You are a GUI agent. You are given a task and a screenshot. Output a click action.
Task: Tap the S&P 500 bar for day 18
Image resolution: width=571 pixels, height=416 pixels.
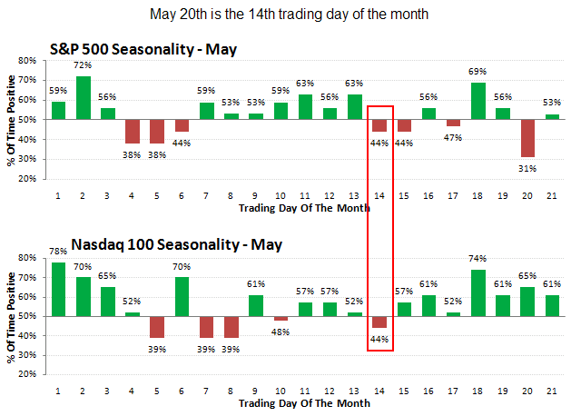pos(478,101)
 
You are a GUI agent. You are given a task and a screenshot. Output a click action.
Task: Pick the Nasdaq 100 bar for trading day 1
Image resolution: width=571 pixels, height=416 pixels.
pos(58,289)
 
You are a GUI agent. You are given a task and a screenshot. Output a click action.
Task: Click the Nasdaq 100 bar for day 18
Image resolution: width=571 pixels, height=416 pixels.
pos(478,292)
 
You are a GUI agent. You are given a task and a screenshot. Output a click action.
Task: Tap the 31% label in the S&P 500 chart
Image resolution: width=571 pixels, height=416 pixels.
pos(528,165)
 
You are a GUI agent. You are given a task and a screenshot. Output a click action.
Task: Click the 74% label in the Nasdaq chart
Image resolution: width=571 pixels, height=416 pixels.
pos(478,262)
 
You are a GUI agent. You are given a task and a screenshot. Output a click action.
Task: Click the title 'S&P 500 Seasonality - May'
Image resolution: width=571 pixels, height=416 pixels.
pos(143,49)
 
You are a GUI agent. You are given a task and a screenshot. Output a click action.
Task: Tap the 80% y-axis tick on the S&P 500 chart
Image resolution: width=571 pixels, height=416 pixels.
pos(25,61)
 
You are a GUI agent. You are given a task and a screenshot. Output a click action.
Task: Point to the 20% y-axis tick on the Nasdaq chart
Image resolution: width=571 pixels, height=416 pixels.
pos(25,374)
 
